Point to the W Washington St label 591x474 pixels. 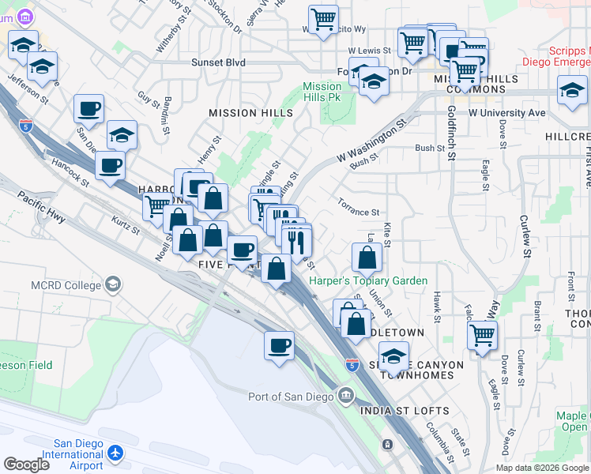click(x=371, y=141)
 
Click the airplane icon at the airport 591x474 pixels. click(x=118, y=453)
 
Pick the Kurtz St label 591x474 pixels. click(x=125, y=226)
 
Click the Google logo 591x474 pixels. click(x=26, y=464)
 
